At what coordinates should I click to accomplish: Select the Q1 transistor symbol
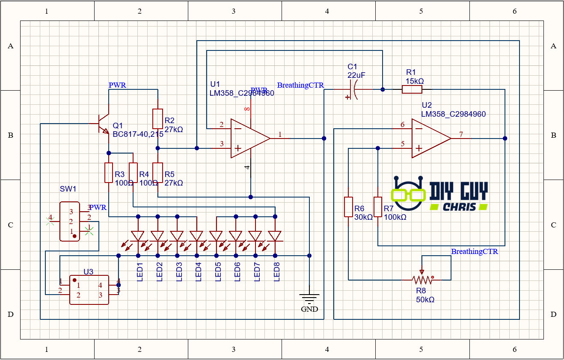[x=103, y=124]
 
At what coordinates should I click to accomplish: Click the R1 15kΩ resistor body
[x=412, y=89]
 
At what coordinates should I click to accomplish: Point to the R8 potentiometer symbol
[x=422, y=279]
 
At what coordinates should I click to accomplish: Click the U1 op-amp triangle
[x=248, y=138]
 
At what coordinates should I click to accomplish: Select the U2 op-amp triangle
[x=429, y=138]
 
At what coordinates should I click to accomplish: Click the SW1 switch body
[x=69, y=221]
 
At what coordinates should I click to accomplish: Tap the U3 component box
[x=89, y=290]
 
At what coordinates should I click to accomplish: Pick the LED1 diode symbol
[x=138, y=236]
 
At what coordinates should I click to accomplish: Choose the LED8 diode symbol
[x=275, y=236]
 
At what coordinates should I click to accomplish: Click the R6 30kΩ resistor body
[x=349, y=207]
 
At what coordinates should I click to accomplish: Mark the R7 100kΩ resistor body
[x=378, y=207]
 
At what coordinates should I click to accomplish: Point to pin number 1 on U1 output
[x=280, y=135]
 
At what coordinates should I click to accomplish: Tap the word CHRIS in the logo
[x=458, y=207]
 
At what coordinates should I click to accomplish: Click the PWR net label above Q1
[x=117, y=85]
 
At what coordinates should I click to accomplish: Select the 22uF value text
[x=356, y=75]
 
